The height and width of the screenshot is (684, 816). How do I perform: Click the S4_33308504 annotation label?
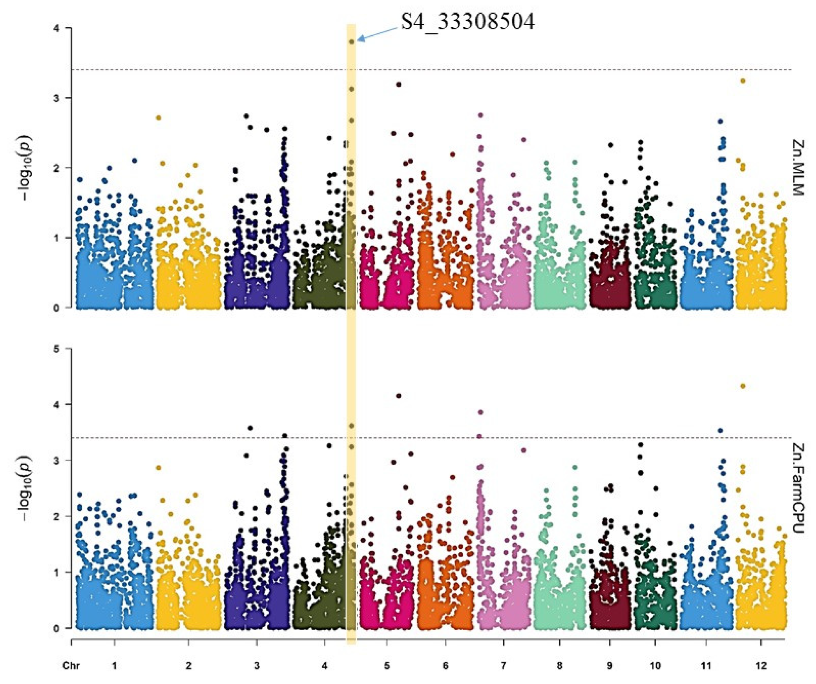pos(467,22)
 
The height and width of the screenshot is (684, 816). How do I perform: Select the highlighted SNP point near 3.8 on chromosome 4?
pos(352,41)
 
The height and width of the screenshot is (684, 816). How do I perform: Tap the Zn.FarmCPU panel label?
pos(798,489)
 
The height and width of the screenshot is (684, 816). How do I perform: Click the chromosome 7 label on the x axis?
pos(503,666)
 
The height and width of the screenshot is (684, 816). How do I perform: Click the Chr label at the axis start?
pos(71,666)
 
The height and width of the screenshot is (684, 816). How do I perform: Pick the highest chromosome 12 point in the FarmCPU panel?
pos(743,386)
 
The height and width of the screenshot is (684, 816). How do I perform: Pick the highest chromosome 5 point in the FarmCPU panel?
pos(398,396)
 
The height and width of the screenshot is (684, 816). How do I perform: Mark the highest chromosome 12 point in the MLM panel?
pos(743,81)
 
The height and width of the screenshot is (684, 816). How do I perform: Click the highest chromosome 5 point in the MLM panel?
pos(398,84)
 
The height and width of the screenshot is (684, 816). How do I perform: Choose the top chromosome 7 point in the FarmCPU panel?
pos(480,412)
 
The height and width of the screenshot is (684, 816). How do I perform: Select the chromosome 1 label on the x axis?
pos(114,666)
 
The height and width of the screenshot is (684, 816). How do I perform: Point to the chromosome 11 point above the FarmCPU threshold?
pos(720,430)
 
